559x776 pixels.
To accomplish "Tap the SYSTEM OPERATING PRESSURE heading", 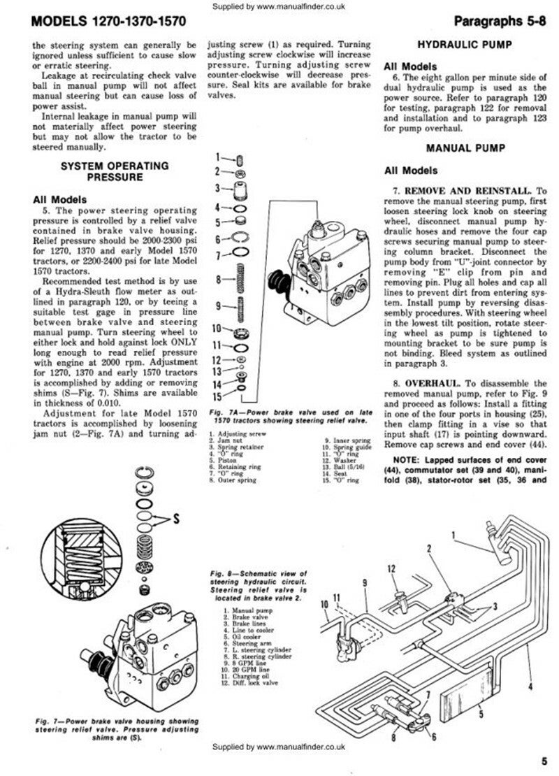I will tap(115, 172).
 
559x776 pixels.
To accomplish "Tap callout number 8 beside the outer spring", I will tap(219, 280).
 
